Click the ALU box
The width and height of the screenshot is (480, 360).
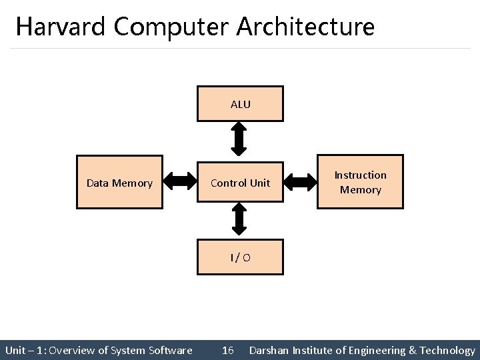[240, 104]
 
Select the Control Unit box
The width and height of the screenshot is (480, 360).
[240, 183]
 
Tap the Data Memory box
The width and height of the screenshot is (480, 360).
[119, 183]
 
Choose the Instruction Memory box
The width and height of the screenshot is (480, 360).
[360, 183]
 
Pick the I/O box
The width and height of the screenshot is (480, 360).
[240, 257]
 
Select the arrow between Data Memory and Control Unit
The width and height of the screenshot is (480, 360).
[179, 180]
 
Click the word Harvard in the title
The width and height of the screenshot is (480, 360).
[61, 27]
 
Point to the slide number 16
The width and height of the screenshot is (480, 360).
[227, 350]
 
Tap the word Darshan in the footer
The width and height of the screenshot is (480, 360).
[269, 350]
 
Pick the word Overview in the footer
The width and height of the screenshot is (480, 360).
[73, 350]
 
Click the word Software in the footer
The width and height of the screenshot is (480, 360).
[171, 350]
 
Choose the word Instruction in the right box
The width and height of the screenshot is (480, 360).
[360, 175]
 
